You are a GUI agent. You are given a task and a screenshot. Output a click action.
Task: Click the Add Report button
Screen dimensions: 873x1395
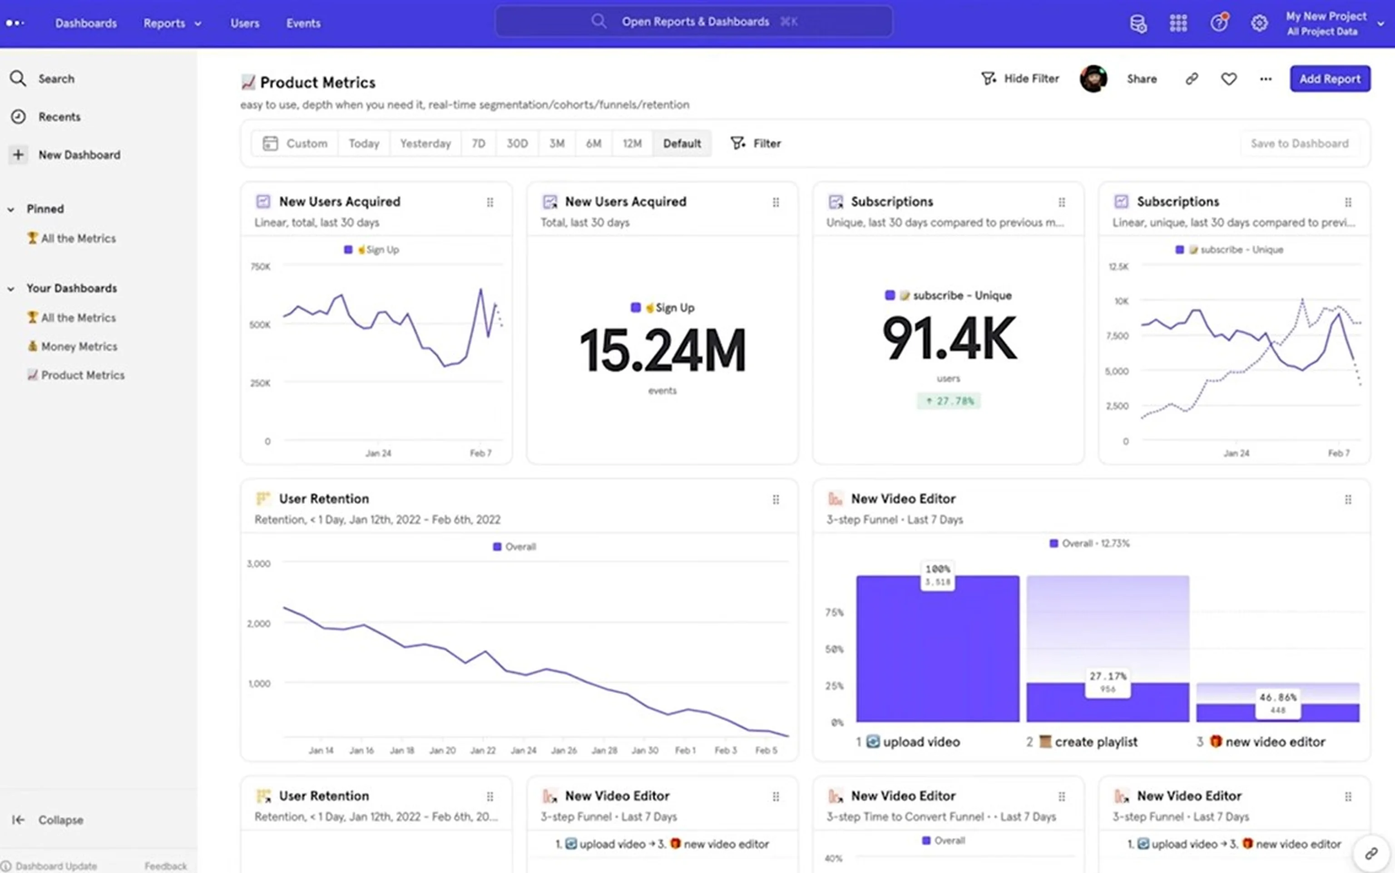point(1329,79)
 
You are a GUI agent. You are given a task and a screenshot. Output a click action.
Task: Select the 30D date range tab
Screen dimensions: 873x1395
point(517,143)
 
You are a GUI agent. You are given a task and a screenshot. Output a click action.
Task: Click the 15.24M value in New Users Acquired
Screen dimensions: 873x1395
point(662,350)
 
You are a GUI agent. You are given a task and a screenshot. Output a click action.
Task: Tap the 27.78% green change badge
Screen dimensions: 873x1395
point(948,401)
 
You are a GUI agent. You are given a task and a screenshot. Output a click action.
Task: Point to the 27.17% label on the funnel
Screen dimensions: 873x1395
point(1107,676)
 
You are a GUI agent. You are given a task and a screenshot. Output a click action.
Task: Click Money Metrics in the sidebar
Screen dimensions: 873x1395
point(79,347)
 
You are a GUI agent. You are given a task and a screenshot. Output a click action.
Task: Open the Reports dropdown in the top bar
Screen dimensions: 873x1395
point(172,24)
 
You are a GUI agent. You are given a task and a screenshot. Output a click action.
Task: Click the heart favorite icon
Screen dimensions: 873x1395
point(1229,79)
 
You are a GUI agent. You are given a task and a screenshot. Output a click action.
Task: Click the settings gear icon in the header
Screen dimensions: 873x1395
point(1259,24)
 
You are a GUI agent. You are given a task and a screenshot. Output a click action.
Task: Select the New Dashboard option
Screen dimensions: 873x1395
point(79,155)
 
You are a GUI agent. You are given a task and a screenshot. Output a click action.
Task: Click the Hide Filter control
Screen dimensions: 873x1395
point(1020,79)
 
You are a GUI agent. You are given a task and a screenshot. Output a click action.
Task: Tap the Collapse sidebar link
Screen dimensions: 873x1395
point(60,820)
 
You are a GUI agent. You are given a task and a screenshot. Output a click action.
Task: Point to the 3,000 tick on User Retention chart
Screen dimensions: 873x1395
point(258,564)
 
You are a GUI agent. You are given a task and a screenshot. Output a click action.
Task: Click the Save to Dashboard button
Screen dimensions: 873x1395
point(1299,143)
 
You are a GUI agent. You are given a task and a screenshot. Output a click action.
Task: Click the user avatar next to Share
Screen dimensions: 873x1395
point(1093,79)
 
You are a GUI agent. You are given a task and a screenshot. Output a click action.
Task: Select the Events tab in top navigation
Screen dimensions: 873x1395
point(303,24)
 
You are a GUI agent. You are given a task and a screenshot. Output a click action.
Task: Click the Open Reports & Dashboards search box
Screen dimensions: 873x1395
point(694,22)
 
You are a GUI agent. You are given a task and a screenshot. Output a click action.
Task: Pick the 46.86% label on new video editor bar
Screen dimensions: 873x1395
point(1277,698)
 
